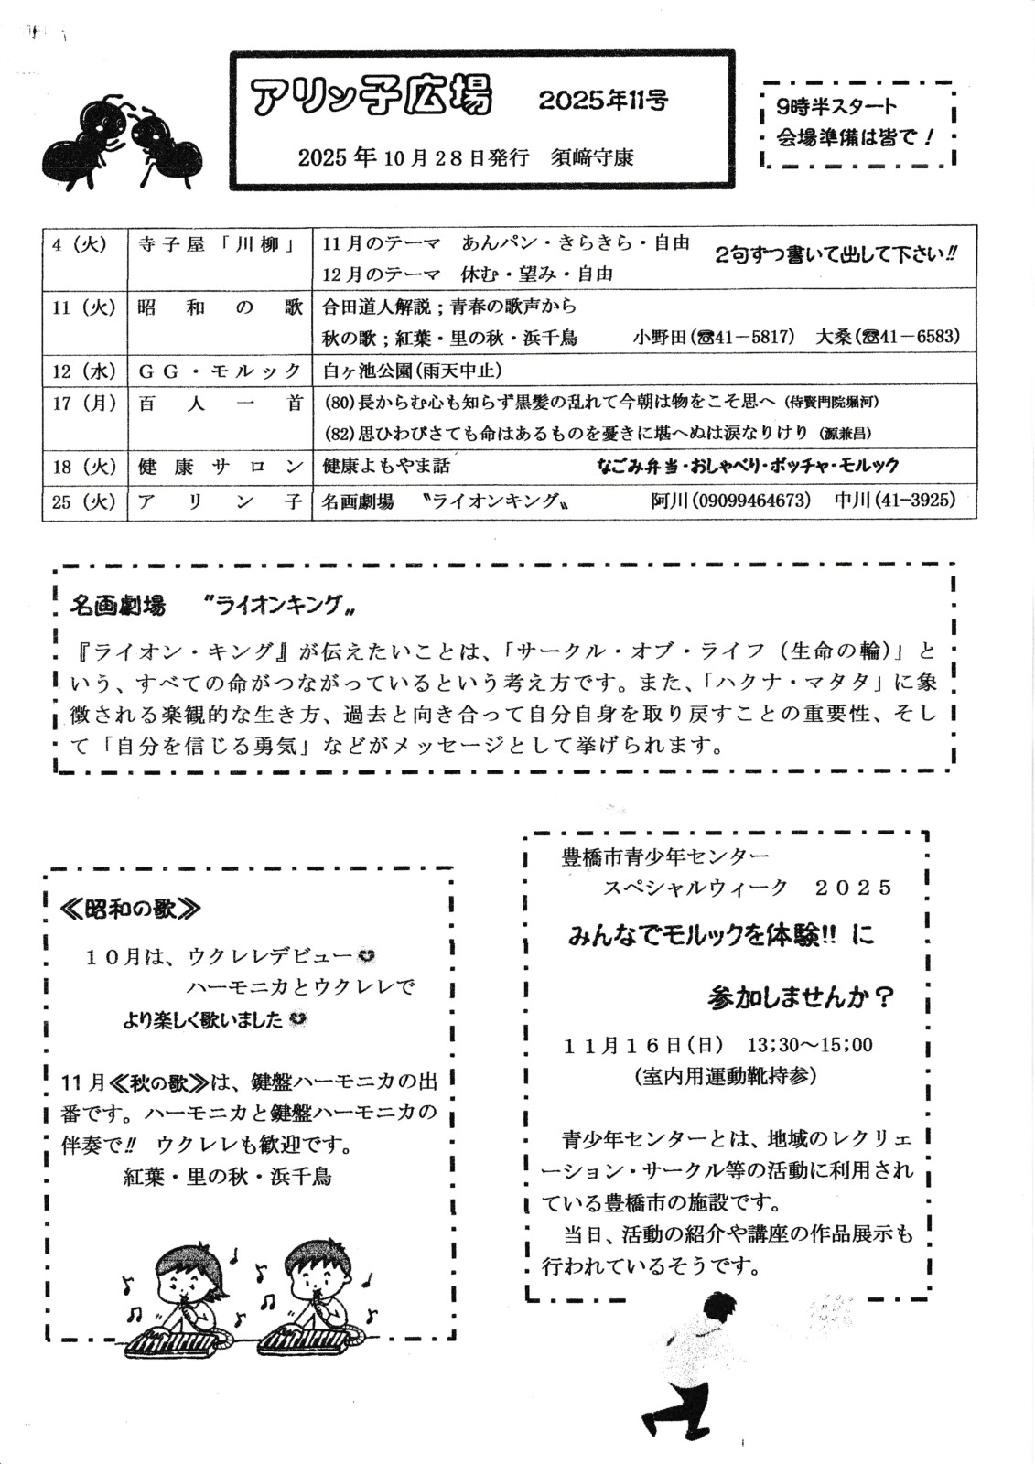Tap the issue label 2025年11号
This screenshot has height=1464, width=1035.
click(603, 101)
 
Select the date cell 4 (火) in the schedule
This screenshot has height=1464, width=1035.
click(82, 245)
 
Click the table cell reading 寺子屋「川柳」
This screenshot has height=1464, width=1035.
click(220, 245)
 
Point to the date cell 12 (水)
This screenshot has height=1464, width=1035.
click(82, 371)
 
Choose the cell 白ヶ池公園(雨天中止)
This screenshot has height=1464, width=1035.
click(413, 371)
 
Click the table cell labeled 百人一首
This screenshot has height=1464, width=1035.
click(220, 404)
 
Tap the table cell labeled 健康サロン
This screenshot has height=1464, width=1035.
click(220, 466)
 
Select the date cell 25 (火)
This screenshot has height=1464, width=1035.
click(82, 501)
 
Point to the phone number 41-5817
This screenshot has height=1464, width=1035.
click(755, 337)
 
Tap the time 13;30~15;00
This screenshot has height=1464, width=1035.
click(810, 1044)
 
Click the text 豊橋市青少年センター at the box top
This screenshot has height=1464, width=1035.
click(666, 857)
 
